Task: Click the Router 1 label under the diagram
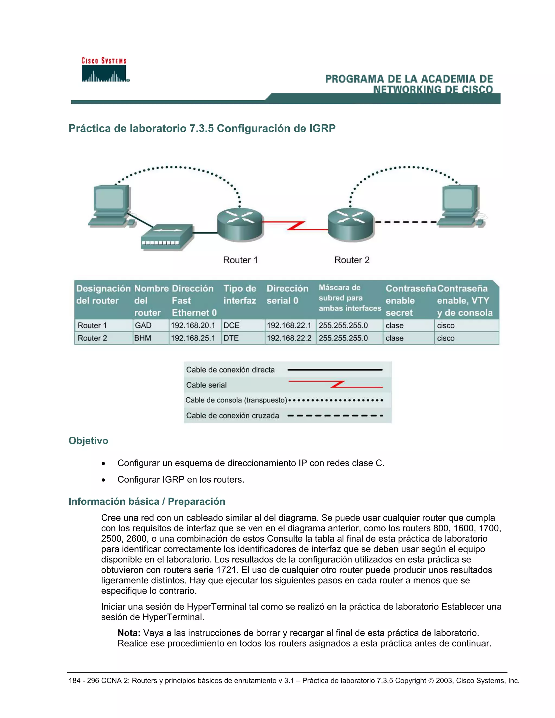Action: point(240,260)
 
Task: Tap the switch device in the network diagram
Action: point(167,237)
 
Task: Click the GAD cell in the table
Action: point(143,325)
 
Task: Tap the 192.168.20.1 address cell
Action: point(193,325)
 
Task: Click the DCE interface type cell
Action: point(231,325)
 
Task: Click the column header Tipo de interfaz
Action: point(240,295)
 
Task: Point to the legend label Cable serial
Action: point(206,385)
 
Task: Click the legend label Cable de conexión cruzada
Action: point(233,416)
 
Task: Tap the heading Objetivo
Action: point(88,441)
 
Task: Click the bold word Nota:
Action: point(129,633)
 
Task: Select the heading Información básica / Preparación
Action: point(147,501)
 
